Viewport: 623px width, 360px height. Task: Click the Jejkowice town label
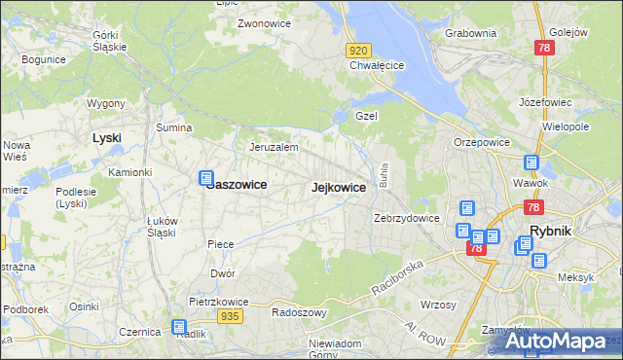point(339,188)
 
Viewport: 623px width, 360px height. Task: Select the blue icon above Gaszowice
point(205,178)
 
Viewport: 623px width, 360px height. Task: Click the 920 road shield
point(358,50)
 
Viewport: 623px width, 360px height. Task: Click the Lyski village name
point(106,138)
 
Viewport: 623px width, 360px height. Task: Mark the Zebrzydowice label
point(407,219)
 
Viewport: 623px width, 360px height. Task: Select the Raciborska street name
point(399,278)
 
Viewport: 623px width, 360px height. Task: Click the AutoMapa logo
point(562,342)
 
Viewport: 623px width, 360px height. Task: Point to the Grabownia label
point(471,33)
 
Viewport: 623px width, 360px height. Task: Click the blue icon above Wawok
point(531,163)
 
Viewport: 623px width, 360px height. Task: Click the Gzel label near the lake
point(366,115)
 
